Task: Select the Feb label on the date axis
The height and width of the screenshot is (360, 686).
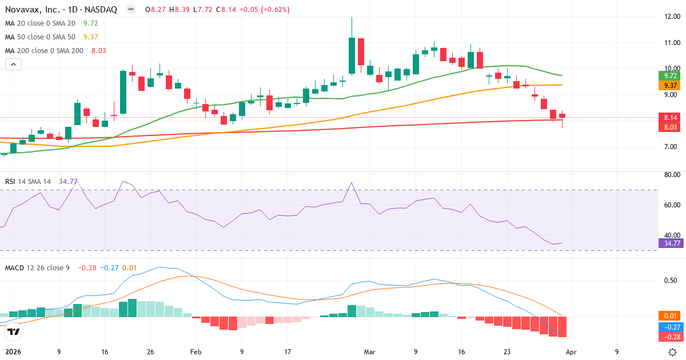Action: pos(196,352)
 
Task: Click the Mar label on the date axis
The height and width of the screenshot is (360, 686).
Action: pos(369,352)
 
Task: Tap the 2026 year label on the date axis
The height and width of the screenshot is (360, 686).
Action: pos(13,352)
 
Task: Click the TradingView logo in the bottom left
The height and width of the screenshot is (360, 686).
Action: pos(14,331)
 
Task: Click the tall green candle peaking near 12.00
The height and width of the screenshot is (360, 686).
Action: pos(352,55)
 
